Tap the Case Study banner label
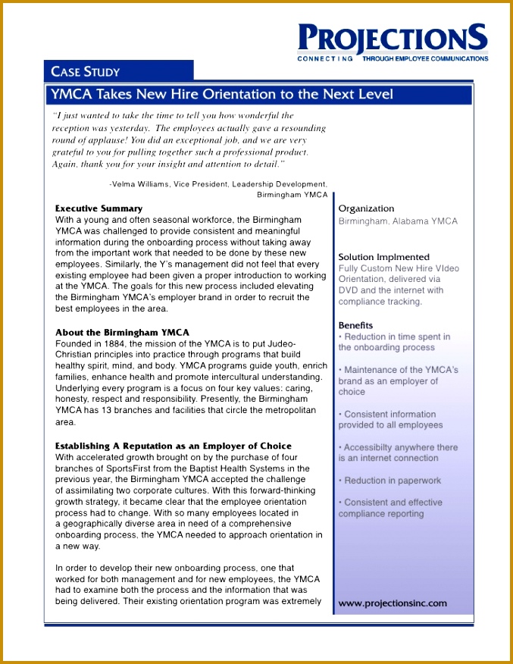[85, 72]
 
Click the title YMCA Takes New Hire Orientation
[221, 95]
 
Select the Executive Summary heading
[99, 208]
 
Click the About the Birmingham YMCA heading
[122, 333]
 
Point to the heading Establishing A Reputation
[173, 446]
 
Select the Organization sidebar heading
[366, 208]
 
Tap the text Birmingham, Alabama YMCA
[398, 221]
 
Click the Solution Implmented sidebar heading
[383, 257]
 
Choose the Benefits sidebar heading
[355, 325]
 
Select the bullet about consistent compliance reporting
[392, 508]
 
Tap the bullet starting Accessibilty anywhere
[398, 453]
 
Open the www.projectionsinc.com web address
[393, 603]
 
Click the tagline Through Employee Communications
[425, 58]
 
